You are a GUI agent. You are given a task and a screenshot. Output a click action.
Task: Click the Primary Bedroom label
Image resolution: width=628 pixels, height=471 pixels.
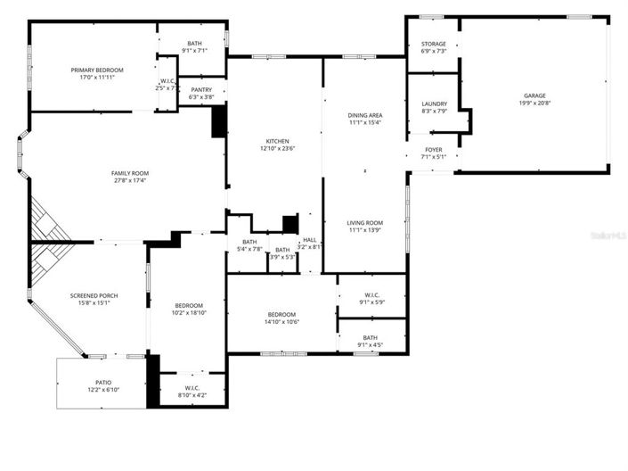pyautogui.click(x=97, y=70)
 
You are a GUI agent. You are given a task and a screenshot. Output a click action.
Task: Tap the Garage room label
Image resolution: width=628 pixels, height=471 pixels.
pyautogui.click(x=534, y=95)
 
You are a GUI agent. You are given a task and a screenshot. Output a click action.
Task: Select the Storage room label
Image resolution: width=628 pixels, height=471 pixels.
pyautogui.click(x=434, y=44)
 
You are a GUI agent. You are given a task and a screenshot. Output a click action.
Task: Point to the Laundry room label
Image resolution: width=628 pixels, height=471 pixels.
pyautogui.click(x=434, y=103)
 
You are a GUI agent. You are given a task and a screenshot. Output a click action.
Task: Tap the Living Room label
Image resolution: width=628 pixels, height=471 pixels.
pyautogui.click(x=364, y=223)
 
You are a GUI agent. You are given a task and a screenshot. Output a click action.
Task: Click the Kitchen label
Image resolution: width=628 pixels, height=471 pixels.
pyautogui.click(x=277, y=141)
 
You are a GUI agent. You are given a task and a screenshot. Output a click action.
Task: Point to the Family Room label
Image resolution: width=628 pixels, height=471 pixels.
pyautogui.click(x=129, y=173)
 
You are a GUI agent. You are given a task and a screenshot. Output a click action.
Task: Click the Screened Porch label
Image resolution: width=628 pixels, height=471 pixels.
pyautogui.click(x=94, y=295)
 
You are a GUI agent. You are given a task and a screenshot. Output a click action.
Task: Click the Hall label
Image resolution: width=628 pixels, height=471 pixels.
pyautogui.click(x=309, y=239)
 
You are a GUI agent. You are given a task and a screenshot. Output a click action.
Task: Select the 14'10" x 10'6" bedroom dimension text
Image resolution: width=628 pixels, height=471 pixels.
pyautogui.click(x=281, y=322)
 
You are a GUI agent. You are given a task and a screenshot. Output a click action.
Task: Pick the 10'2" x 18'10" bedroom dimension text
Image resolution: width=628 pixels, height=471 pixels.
pyautogui.click(x=188, y=312)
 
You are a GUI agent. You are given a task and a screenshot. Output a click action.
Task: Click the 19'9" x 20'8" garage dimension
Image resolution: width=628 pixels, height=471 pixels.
pyautogui.click(x=534, y=103)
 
